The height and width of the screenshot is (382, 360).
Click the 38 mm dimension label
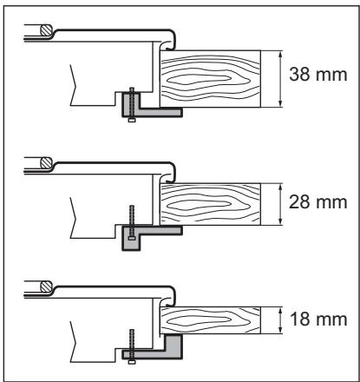[x=318, y=75]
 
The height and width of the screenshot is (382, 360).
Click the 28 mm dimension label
[x=318, y=202]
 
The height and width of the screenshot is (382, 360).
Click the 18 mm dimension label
[x=318, y=319]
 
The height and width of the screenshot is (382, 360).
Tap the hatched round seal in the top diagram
[x=46, y=30]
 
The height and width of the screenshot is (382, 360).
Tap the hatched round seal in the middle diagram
[x=46, y=162]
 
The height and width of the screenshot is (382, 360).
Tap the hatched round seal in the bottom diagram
[x=46, y=286]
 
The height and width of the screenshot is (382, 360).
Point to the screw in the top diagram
[x=132, y=105]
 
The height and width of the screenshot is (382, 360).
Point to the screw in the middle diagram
[x=132, y=223]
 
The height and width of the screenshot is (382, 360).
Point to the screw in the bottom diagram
[x=132, y=346]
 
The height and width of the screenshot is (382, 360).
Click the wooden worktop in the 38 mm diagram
[x=210, y=79]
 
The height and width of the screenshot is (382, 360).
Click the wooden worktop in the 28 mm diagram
[x=210, y=204]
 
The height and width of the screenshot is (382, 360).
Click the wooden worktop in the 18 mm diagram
[x=210, y=320]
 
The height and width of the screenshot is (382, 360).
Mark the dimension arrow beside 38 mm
[x=280, y=79]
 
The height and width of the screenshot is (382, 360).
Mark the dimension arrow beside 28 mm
[x=280, y=204]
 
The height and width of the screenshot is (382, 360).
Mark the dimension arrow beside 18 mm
[x=280, y=320]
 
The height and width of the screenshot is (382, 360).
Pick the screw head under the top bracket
[x=132, y=120]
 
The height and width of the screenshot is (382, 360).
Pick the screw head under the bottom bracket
[x=132, y=362]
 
